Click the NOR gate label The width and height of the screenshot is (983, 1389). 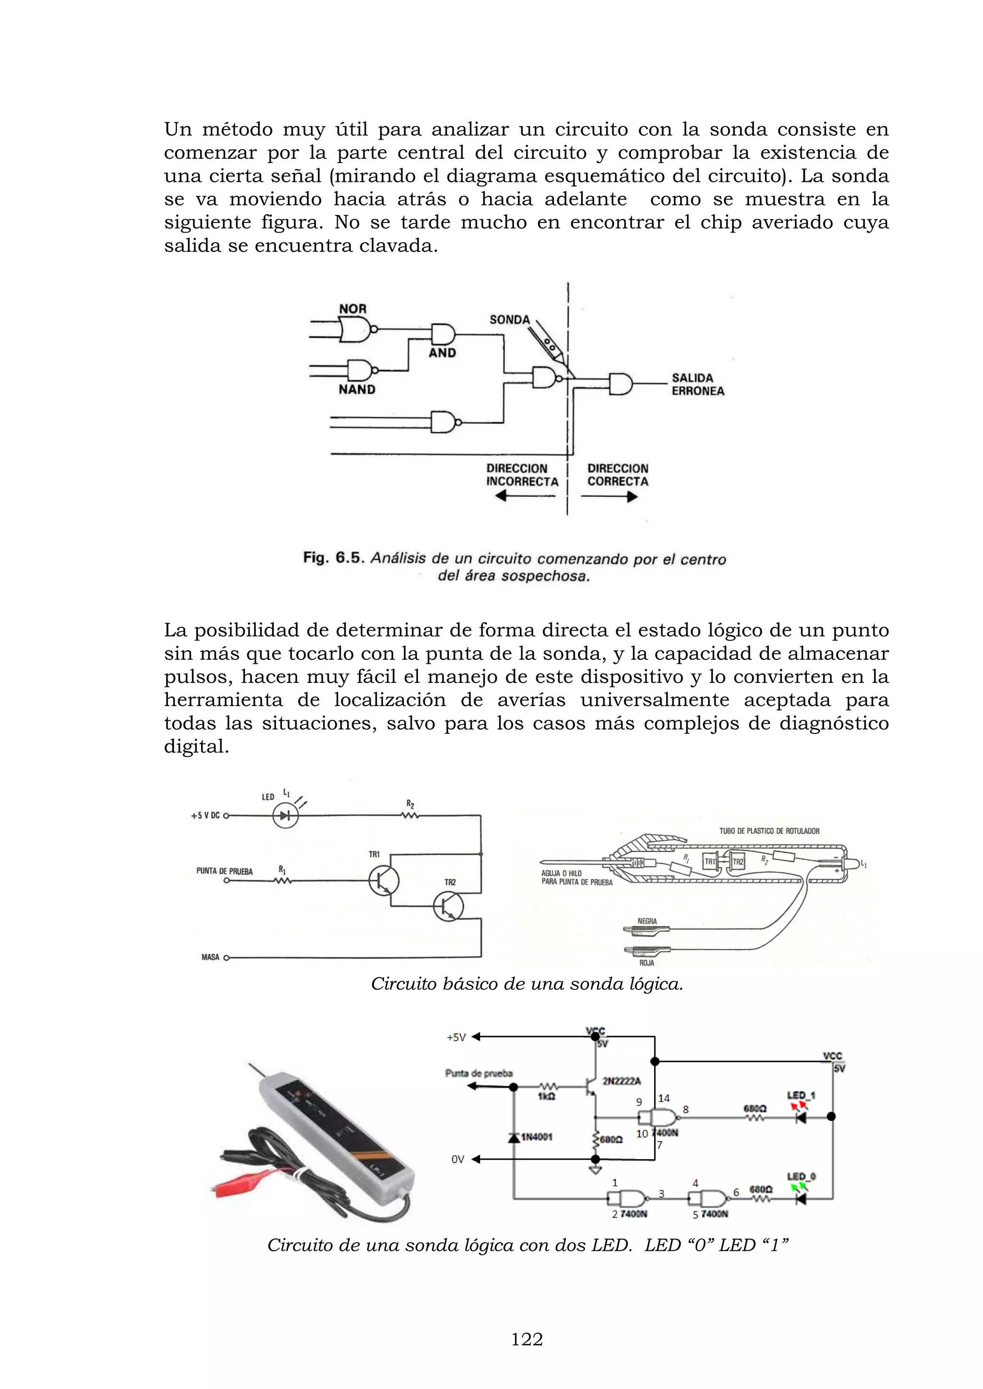352,309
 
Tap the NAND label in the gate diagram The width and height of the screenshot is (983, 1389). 357,389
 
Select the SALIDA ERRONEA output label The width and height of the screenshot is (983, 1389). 697,385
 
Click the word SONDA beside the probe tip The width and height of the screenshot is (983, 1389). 510,320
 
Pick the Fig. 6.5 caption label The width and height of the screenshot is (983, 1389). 334,558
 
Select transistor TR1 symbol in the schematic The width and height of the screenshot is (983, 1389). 384,880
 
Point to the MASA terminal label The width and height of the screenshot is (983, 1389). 210,957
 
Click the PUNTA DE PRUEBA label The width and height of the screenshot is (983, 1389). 224,871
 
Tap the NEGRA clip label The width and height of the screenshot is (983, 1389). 647,921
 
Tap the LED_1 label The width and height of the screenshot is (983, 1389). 801,1095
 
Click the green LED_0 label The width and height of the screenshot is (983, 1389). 801,1177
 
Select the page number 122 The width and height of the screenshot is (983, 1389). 527,1340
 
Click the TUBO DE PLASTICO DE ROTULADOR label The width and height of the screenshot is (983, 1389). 769,831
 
